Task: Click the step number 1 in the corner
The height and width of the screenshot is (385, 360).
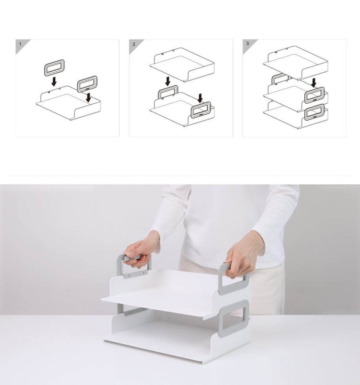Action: coord(21,44)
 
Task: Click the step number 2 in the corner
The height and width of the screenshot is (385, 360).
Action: coord(134,44)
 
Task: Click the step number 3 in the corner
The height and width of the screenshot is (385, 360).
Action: coord(247,43)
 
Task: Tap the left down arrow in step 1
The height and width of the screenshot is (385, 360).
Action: coord(54,81)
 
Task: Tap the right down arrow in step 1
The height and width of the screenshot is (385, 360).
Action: coord(88,98)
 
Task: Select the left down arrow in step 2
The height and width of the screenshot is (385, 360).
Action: coord(168,81)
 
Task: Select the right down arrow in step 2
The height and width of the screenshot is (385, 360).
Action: coord(200,98)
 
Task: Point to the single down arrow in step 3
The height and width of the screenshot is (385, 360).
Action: coord(314,83)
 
